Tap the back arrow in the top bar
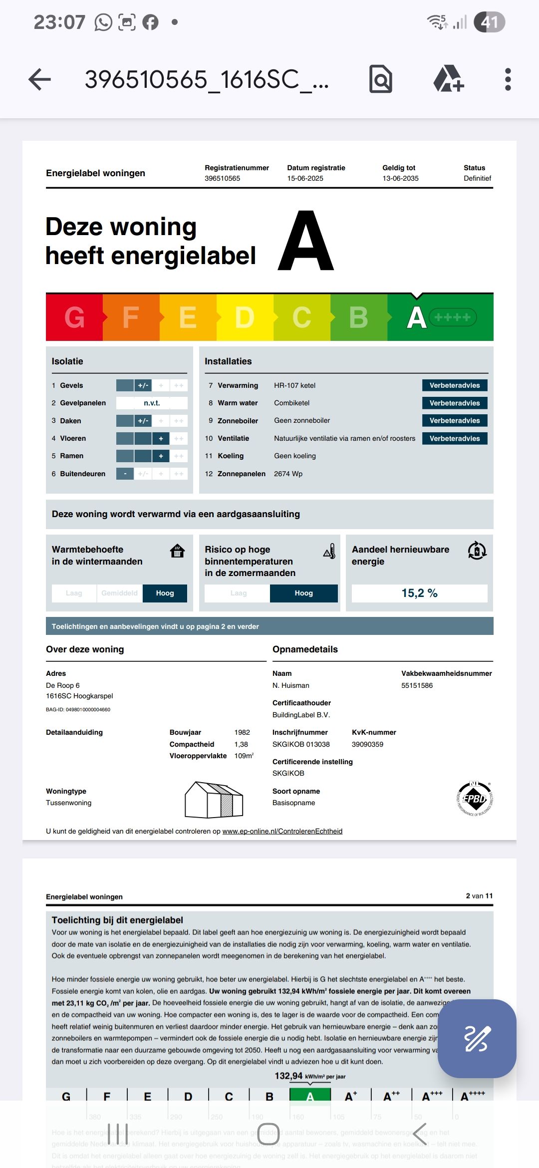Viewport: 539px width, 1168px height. [40, 79]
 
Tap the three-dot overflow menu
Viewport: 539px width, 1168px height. [508, 79]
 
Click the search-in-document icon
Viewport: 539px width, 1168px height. [381, 79]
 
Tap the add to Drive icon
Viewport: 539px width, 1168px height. [448, 79]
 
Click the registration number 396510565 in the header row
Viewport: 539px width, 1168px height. [222, 178]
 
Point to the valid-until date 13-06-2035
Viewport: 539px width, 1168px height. [400, 178]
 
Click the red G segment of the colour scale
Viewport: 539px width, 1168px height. [74, 317]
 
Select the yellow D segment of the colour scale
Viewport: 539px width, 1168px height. [245, 317]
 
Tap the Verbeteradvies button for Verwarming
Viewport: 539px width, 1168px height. [454, 385]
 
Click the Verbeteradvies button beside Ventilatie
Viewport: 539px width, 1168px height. [454, 438]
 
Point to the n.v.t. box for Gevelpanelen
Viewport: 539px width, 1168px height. [152, 403]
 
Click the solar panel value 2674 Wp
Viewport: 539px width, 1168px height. [288, 474]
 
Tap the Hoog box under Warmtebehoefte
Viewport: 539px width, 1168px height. [165, 593]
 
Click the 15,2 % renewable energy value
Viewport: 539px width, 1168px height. [419, 593]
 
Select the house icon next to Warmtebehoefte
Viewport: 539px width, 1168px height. [177, 551]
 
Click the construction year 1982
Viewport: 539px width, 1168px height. [242, 732]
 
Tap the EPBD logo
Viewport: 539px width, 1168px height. [474, 798]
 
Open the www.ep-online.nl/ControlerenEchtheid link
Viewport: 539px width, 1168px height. [282, 831]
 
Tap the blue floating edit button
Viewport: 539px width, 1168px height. [477, 1038]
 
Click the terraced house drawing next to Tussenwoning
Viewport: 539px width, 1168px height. [214, 800]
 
